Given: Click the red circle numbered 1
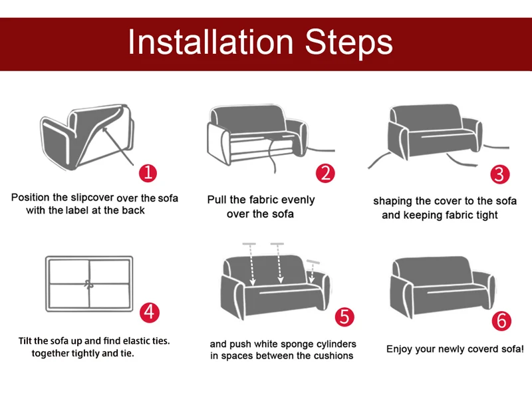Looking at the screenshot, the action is click(148, 174).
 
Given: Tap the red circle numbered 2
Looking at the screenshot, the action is click(325, 174).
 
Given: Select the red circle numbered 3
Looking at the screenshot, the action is click(500, 174).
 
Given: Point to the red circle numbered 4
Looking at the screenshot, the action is click(150, 311).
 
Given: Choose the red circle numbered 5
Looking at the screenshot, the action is click(344, 316).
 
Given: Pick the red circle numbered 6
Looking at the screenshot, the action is click(501, 321).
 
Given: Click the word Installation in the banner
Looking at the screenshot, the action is click(210, 43).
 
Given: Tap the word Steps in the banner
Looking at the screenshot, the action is click(348, 43).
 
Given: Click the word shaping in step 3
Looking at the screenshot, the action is click(394, 201).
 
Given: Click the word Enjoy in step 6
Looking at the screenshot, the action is click(401, 348).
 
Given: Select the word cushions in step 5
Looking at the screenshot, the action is click(331, 356).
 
